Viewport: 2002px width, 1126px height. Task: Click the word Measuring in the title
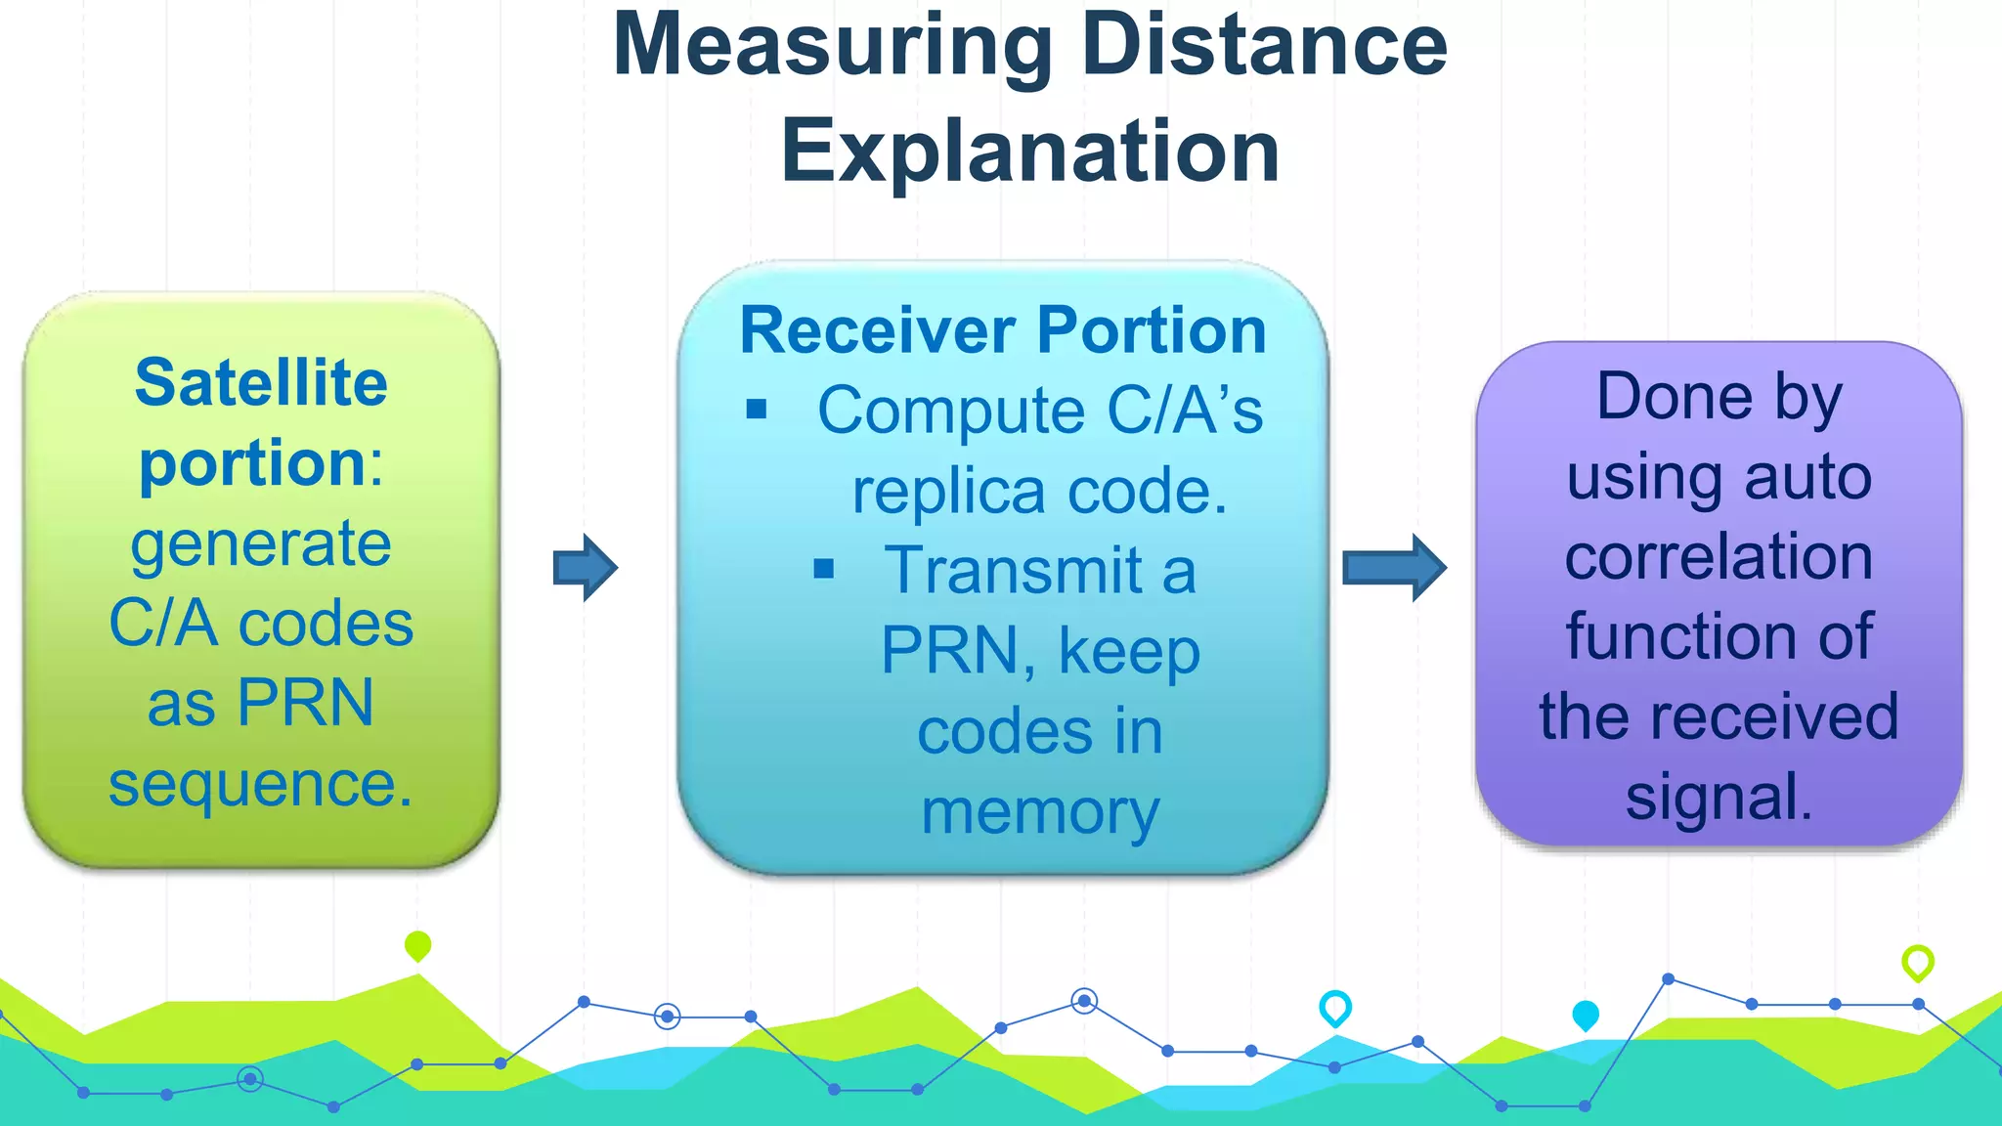(x=831, y=47)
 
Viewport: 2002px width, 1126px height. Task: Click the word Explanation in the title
(x=1029, y=152)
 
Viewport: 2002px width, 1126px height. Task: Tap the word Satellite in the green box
(x=261, y=382)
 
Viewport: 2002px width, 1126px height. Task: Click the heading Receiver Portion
(x=1003, y=330)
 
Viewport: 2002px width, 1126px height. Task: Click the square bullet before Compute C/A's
(x=757, y=409)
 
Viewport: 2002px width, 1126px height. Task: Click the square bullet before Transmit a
(x=824, y=569)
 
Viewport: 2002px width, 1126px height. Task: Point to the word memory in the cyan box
(x=1040, y=812)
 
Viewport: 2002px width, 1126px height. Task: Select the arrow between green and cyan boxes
(x=586, y=567)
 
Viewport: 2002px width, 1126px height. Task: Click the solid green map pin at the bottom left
(x=417, y=944)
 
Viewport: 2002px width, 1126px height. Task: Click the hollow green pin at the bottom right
(x=1917, y=961)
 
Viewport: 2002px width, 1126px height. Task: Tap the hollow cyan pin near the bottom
(x=1335, y=1006)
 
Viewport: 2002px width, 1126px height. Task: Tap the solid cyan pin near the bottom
(x=1586, y=1015)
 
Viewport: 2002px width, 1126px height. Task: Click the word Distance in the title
(x=1264, y=45)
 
